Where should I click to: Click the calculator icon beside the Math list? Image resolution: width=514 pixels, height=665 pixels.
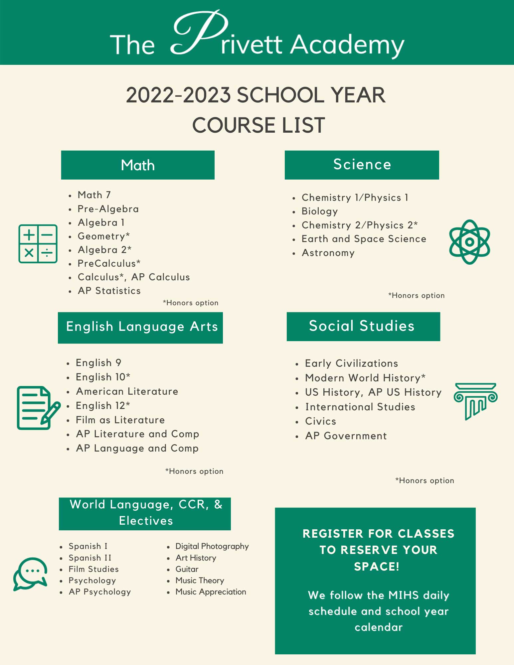pos(38,244)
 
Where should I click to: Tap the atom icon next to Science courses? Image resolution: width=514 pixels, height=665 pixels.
pos(469,242)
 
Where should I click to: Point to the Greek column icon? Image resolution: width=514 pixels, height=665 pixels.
pos(475,401)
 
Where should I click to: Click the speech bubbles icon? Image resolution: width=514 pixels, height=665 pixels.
pos(30,574)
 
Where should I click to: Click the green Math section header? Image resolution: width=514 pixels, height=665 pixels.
pos(138,165)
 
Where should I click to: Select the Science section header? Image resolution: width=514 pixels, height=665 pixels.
pos(362,165)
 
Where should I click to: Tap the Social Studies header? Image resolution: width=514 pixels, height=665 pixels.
pos(363,326)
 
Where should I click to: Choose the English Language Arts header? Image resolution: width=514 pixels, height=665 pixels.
pos(140,328)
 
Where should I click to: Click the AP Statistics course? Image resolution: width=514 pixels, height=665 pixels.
pos(109,291)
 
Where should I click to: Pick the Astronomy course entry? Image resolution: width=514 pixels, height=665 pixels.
pos(328,253)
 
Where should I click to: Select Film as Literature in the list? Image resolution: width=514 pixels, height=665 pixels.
pos(120,420)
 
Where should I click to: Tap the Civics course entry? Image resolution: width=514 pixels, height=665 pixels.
pos(320,421)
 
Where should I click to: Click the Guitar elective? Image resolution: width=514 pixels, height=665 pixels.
pos(187,569)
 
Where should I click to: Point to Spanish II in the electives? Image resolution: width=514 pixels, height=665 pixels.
pos(90,558)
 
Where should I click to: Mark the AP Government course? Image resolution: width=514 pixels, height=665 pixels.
pos(346,436)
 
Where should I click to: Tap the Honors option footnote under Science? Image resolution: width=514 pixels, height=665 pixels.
pos(416,296)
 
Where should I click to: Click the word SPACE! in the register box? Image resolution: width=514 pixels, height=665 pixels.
pos(376,567)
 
